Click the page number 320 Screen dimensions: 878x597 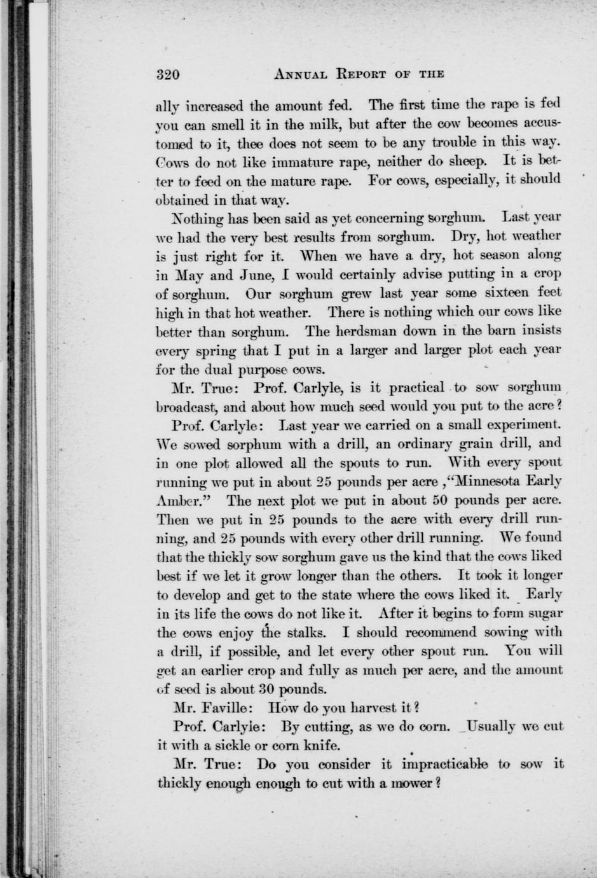tap(168, 74)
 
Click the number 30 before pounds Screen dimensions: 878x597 tap(267, 688)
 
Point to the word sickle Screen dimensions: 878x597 tap(231, 745)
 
